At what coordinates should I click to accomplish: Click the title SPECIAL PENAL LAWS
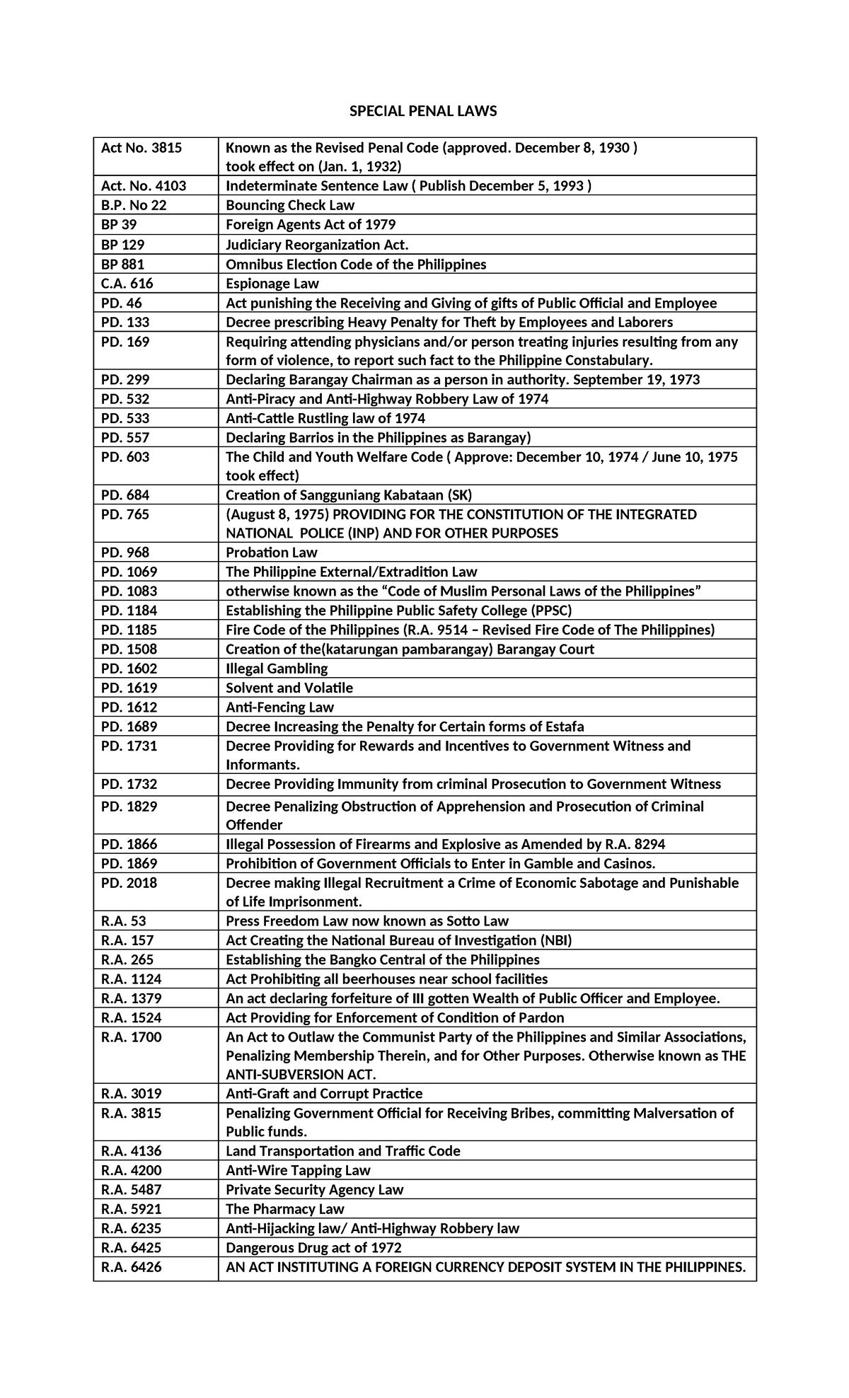point(424,111)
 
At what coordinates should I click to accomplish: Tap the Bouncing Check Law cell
point(290,205)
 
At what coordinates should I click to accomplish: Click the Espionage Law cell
point(272,284)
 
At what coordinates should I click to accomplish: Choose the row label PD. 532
point(125,399)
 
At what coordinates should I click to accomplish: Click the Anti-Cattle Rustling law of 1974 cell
point(325,418)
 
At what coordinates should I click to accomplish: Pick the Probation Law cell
point(272,553)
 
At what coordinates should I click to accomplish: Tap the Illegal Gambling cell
point(277,669)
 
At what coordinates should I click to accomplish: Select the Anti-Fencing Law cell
point(279,707)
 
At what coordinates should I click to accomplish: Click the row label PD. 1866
point(129,844)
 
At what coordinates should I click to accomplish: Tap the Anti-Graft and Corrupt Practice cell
point(324,1094)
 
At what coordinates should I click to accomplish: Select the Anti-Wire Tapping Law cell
point(298,1171)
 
